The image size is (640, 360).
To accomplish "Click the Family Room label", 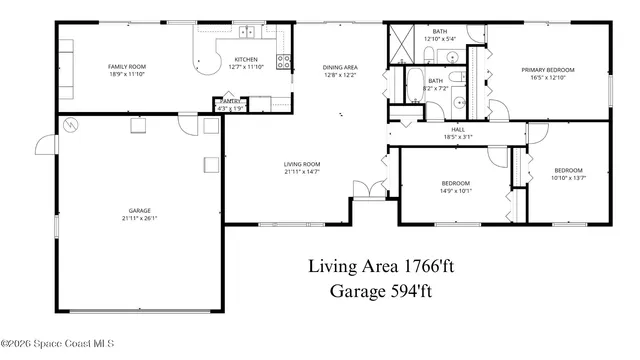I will click(128, 67).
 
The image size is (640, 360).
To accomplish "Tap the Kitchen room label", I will click(246, 59).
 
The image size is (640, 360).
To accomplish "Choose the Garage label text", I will click(140, 211).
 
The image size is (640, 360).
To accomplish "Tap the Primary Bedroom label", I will click(543, 70).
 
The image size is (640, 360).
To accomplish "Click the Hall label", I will click(458, 129).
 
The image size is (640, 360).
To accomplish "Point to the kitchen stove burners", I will click(285, 61).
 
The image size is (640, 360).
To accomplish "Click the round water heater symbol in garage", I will click(71, 124).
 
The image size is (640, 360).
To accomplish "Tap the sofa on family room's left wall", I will click(65, 68).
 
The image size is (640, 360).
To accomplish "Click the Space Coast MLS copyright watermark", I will click(57, 343).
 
